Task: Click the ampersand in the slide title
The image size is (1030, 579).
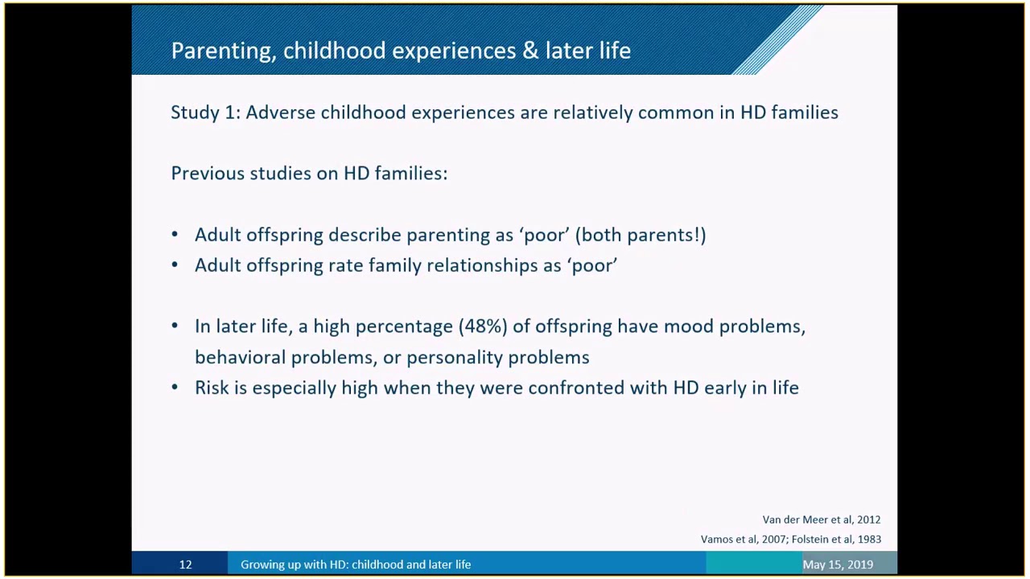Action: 530,50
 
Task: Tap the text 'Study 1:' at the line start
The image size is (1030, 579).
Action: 205,113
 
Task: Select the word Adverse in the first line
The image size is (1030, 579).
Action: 281,113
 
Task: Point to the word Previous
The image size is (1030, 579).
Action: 207,174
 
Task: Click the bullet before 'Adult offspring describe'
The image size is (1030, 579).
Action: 175,235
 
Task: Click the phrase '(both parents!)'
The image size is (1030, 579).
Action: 641,236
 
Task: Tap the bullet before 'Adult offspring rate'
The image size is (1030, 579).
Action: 175,265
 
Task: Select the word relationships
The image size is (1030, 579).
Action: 482,266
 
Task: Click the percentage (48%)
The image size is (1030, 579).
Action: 483,326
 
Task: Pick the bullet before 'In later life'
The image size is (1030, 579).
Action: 175,326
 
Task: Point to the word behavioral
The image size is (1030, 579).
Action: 241,357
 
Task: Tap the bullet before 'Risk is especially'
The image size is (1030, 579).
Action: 175,388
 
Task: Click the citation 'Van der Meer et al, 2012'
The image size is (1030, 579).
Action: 822,519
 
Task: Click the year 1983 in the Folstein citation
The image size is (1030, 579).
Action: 869,539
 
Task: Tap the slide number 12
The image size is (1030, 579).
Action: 185,565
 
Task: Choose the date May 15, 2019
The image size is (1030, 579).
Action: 838,565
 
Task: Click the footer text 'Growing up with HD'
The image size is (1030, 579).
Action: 295,565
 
